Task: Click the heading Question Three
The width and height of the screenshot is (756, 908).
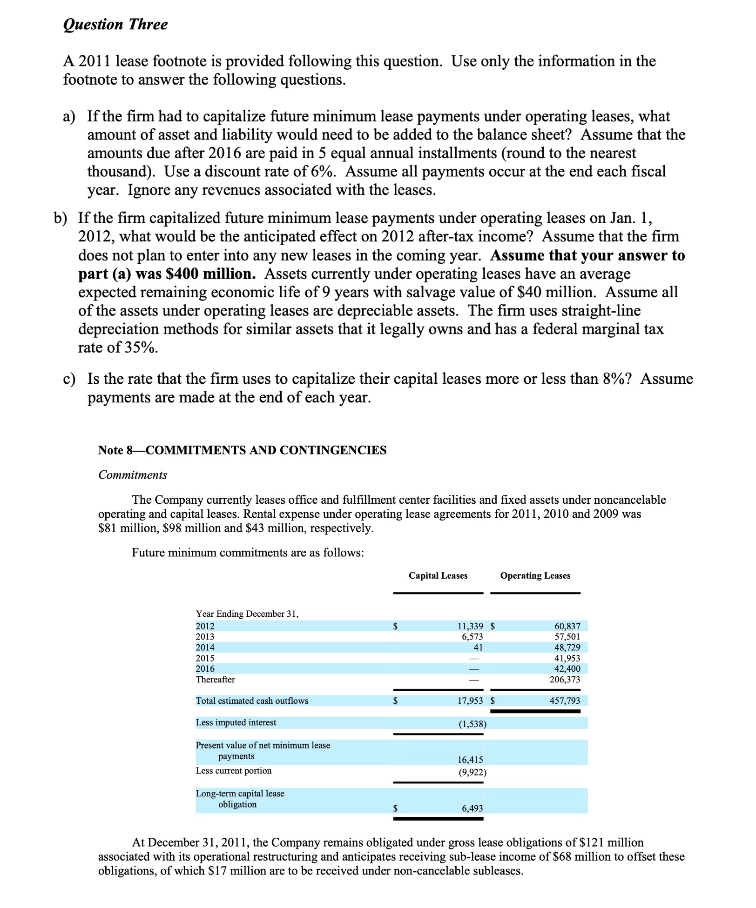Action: coord(115,24)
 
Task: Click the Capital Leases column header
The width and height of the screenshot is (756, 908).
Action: coord(438,575)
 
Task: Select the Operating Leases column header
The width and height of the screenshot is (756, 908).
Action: coord(535,575)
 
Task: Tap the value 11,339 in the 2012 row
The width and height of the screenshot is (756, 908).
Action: coord(470,626)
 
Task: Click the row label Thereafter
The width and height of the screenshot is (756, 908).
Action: coord(215,679)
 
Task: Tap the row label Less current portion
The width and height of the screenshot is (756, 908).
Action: coord(233,770)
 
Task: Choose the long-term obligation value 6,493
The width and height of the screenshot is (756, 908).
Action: coord(472,808)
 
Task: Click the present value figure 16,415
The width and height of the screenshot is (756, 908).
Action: coord(470,760)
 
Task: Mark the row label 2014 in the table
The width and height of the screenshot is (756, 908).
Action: coord(205,647)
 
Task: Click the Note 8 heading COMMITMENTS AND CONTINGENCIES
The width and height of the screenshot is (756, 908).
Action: coord(242,450)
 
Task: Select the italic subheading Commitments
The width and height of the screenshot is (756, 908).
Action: coord(132,475)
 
